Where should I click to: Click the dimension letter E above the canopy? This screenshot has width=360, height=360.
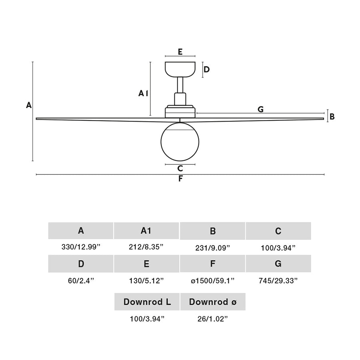point(180,52)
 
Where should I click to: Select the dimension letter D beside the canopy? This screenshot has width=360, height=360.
point(207,69)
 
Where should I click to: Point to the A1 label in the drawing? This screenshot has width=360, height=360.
point(143,93)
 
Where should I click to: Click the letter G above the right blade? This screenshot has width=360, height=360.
point(260,109)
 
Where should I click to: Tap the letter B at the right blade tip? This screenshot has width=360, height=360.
point(332,117)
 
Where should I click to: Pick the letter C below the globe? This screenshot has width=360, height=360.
point(180,168)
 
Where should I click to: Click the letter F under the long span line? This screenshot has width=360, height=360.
point(180,179)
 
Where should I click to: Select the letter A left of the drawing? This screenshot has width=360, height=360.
point(29,105)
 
